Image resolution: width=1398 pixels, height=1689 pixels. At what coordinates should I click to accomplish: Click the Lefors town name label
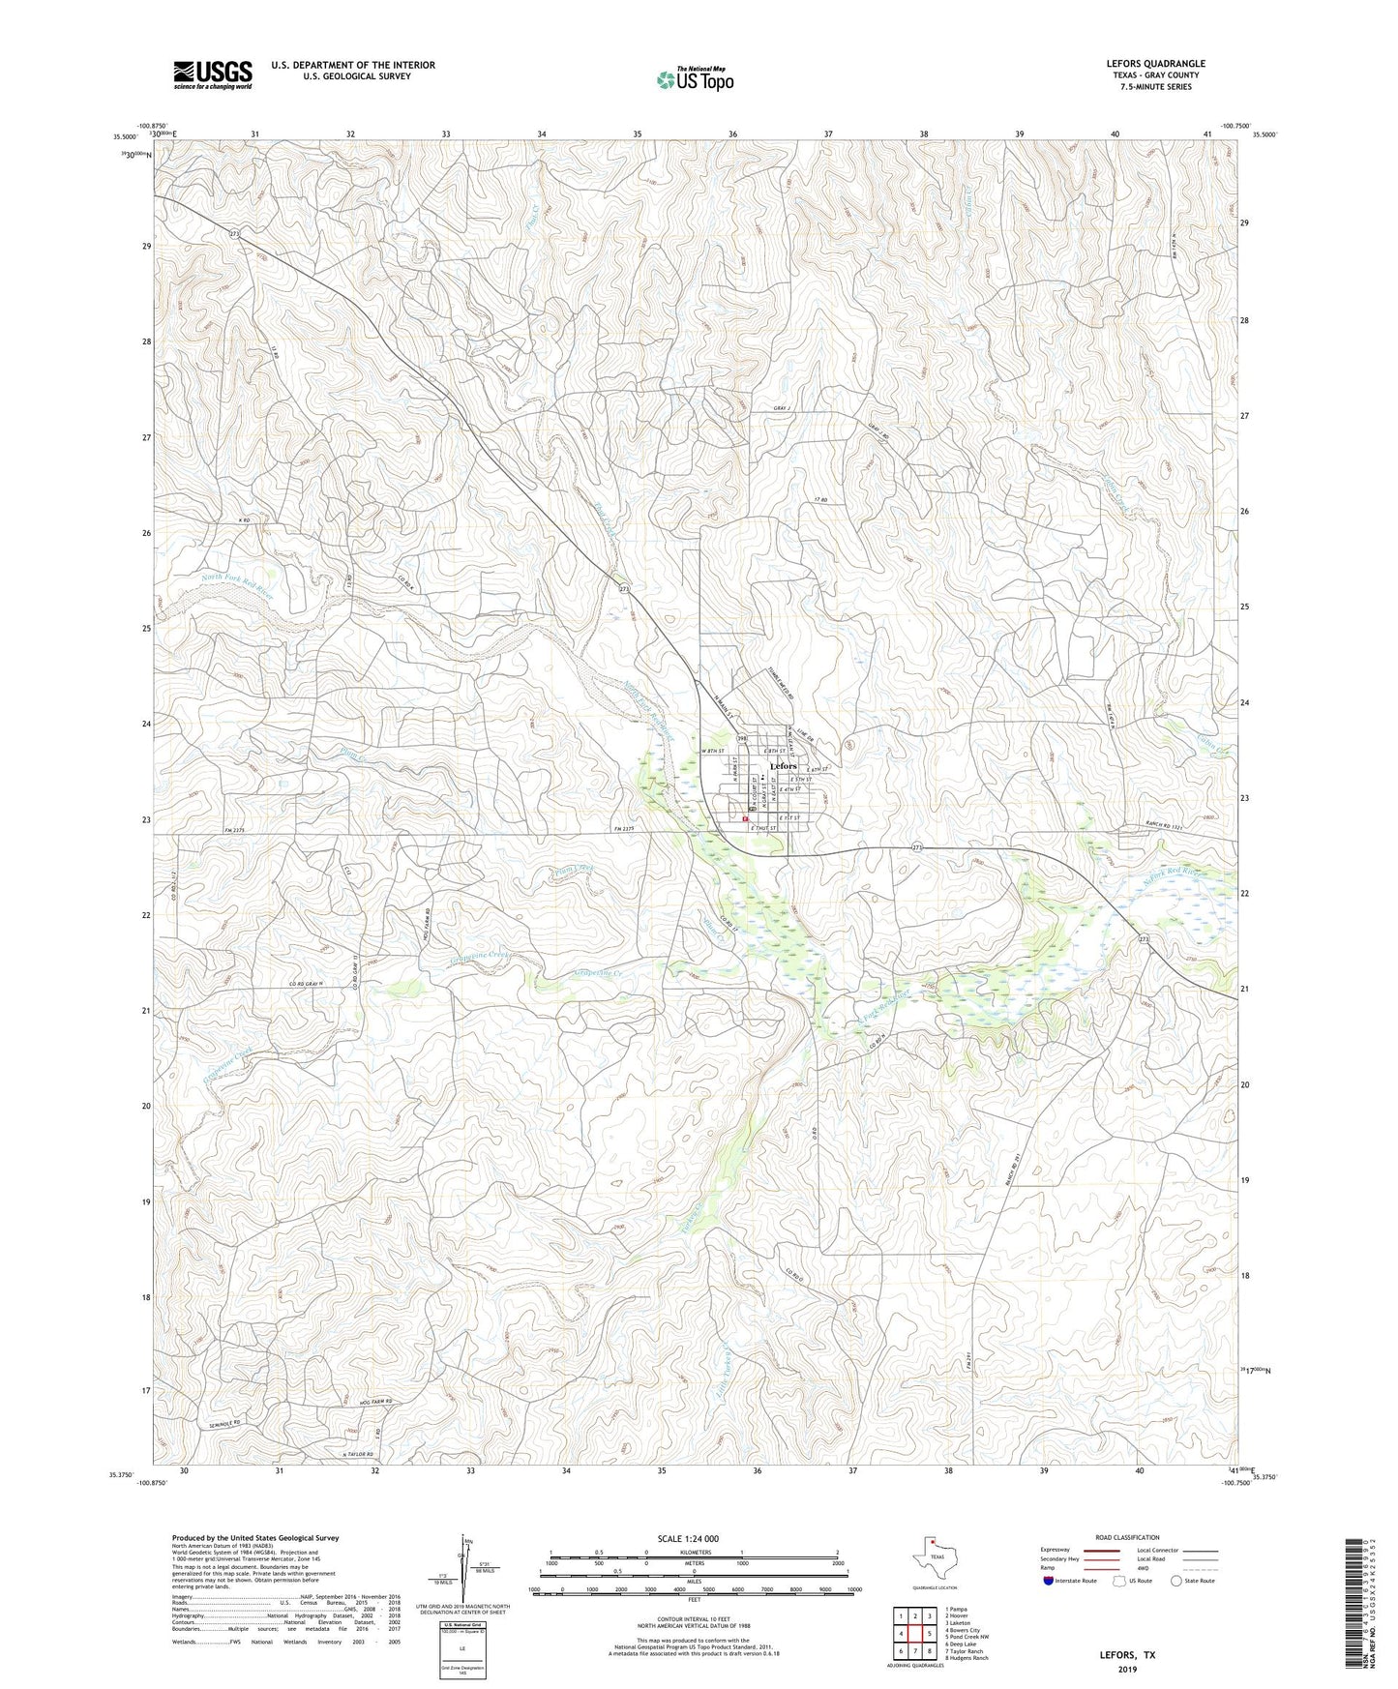[783, 766]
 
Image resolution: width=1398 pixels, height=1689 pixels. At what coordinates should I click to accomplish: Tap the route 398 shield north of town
[742, 738]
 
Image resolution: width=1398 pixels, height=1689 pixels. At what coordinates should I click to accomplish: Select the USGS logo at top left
[213, 74]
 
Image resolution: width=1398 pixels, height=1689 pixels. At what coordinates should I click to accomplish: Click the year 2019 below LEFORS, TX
[1127, 1669]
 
